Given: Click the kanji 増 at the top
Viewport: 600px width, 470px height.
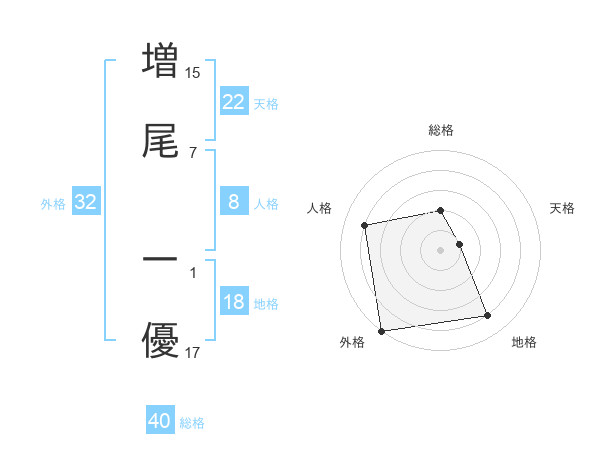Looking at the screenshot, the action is (x=161, y=59).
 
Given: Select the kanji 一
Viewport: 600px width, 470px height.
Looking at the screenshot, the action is (x=161, y=259).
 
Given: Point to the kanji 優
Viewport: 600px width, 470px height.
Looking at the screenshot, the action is (x=161, y=340).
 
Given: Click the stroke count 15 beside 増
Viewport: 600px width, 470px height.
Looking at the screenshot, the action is (x=193, y=73).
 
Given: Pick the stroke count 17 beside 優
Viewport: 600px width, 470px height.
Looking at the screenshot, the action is (x=193, y=353).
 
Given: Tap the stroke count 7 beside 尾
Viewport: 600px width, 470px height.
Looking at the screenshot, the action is (x=193, y=153).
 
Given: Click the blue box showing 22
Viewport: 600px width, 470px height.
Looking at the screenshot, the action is (x=233, y=102).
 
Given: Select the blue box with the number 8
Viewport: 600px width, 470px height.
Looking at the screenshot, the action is (x=233, y=202).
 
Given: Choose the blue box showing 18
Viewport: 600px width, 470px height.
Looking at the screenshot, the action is (x=233, y=302).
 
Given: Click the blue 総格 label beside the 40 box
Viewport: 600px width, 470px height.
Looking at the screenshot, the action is (x=192, y=423).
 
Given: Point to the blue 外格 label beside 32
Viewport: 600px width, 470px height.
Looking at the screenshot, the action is (x=53, y=204).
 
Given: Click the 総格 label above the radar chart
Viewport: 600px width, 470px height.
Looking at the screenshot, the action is (x=441, y=130).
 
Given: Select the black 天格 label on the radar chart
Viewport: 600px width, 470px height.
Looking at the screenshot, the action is (x=563, y=208).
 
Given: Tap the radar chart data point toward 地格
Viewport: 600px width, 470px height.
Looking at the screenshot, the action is (x=487, y=316).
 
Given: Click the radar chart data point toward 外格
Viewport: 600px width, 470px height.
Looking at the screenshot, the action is (x=380, y=331).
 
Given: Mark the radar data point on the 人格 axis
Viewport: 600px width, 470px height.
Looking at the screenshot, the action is (x=366, y=224).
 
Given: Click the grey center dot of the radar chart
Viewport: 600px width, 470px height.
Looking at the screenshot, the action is (x=441, y=249).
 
